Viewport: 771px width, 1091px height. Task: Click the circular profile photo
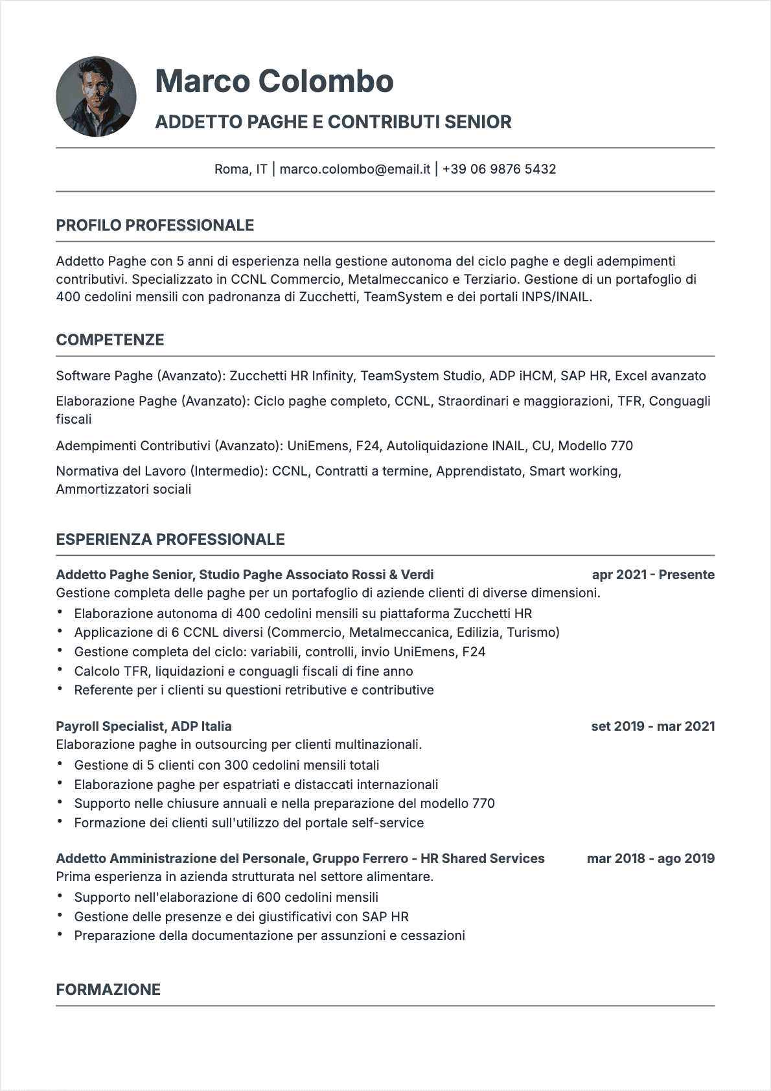click(96, 97)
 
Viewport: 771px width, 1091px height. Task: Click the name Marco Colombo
click(274, 81)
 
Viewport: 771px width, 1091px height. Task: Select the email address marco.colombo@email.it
click(355, 169)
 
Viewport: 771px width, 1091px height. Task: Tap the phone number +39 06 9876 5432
click(499, 169)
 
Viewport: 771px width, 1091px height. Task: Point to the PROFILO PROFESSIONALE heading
click(155, 225)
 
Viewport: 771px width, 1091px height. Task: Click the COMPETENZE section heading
click(110, 340)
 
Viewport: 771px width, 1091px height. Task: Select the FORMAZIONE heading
click(108, 989)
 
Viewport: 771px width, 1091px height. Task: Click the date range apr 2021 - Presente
click(653, 575)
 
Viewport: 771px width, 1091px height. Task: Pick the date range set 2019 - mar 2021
click(652, 726)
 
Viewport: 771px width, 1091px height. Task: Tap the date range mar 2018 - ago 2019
click(650, 858)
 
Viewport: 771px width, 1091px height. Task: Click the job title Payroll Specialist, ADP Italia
click(144, 726)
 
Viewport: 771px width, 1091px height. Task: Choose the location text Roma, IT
click(240, 169)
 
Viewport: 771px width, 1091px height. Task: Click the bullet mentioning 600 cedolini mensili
click(226, 897)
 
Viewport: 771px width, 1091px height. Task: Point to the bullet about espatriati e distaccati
click(256, 785)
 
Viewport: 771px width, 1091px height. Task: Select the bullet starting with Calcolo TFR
click(244, 671)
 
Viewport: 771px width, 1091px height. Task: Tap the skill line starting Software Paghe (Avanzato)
click(380, 376)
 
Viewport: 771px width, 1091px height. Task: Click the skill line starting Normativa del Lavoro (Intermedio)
click(338, 471)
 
